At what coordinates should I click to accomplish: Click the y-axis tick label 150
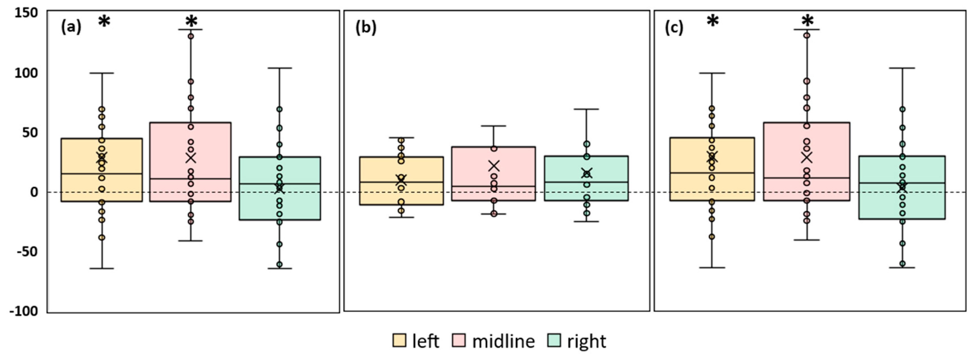click(26, 13)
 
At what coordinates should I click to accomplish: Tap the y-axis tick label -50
click(26, 251)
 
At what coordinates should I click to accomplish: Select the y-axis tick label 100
click(26, 73)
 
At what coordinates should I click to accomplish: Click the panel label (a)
click(71, 27)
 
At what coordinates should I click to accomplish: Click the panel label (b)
click(366, 27)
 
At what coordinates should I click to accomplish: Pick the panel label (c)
click(674, 27)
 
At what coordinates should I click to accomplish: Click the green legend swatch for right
click(554, 340)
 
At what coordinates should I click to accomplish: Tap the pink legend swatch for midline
click(459, 340)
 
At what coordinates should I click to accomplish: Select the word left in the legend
click(426, 341)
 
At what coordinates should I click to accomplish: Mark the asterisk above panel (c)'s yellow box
click(713, 21)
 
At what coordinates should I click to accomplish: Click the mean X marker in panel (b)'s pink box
click(494, 166)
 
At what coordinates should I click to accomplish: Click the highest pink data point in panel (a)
click(191, 36)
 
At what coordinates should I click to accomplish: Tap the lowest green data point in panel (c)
click(902, 264)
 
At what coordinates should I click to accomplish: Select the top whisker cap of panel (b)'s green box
click(586, 109)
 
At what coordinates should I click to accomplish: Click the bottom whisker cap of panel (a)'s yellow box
click(102, 269)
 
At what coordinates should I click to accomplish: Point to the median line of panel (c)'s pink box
click(806, 178)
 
